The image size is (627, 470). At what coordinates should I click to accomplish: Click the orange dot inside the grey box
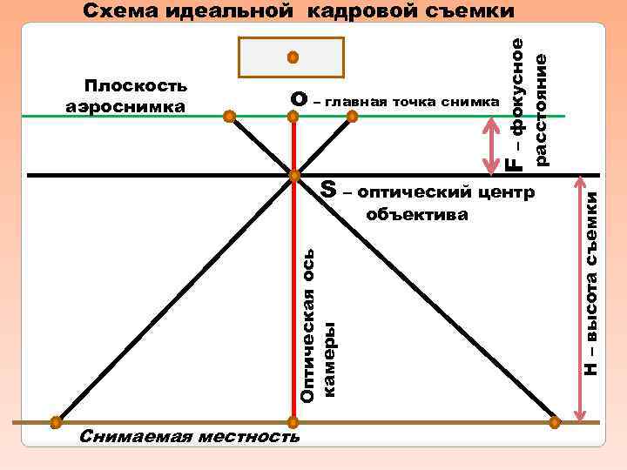click(x=293, y=57)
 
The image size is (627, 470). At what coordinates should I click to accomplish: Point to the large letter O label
click(x=299, y=101)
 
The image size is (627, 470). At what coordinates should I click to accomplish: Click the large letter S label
click(x=328, y=188)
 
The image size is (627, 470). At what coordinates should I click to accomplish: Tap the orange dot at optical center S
click(x=294, y=175)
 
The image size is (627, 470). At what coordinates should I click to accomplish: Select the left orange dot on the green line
click(x=228, y=115)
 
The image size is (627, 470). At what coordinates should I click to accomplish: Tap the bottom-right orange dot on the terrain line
click(x=555, y=422)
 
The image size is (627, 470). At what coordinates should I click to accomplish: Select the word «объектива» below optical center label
click(x=418, y=213)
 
